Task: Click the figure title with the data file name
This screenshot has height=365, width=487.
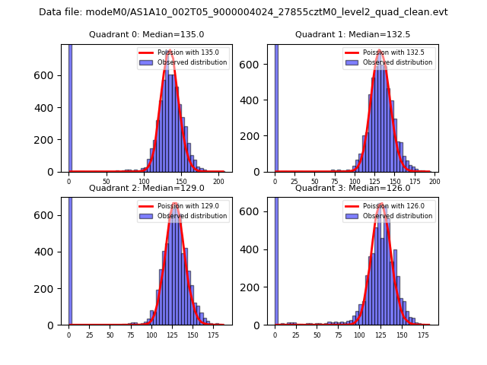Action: (243, 12)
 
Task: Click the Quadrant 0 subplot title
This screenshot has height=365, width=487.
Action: (146, 34)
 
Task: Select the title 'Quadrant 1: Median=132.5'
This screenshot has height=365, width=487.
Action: (352, 34)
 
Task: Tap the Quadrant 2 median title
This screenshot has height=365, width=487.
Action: (146, 188)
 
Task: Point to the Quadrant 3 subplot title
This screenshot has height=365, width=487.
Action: (352, 188)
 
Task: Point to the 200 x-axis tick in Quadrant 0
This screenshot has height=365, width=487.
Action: (218, 181)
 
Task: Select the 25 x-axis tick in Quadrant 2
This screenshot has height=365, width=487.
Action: (89, 335)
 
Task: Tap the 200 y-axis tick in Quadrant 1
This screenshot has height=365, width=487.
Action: (256, 136)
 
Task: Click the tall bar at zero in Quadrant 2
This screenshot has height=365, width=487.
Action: (70, 259)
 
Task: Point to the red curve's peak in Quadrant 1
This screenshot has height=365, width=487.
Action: (381, 52)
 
